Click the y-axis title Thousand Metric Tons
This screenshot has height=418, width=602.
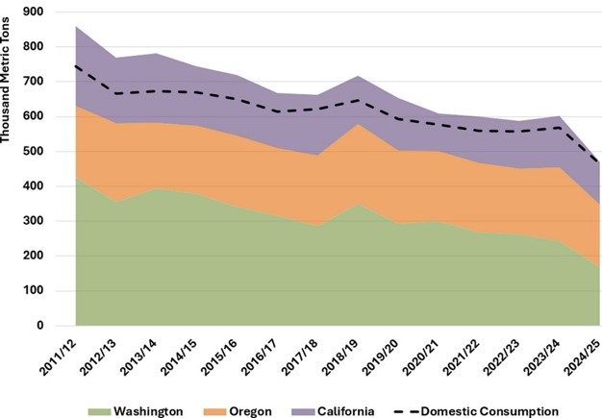coord(9,86)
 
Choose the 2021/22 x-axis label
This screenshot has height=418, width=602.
coord(449,356)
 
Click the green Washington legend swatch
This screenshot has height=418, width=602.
coord(98,412)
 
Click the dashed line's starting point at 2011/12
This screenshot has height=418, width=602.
coord(75,65)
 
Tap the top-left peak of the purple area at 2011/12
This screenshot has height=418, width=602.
coord(75,26)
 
